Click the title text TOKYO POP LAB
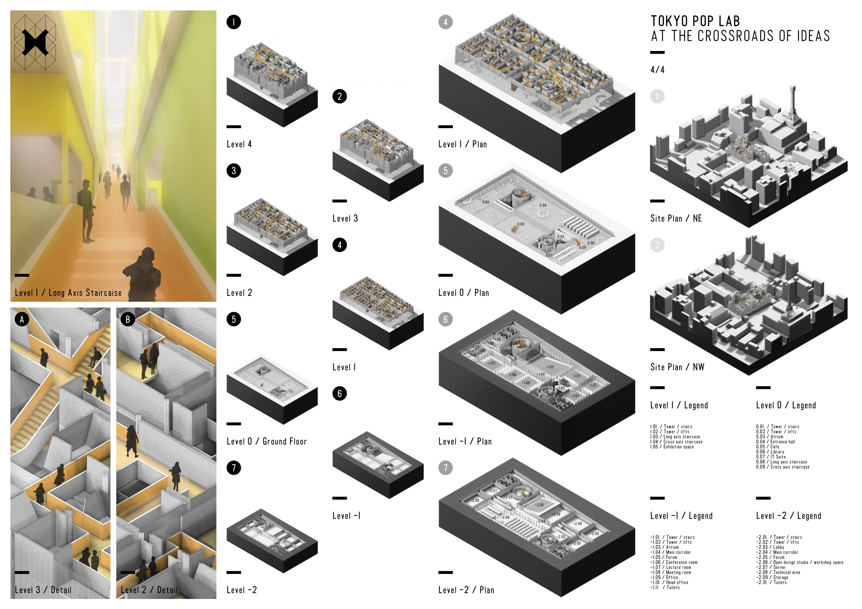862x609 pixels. click(695, 21)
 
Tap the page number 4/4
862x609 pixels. click(658, 70)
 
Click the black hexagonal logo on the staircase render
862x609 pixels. click(35, 42)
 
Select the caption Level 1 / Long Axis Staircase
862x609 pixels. click(68, 293)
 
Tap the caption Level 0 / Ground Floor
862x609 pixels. click(267, 441)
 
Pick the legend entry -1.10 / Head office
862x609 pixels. click(669, 582)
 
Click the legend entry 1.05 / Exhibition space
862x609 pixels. click(672, 447)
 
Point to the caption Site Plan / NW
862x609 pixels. click(677, 367)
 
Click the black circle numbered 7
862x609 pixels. click(233, 468)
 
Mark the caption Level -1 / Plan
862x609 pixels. click(465, 441)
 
